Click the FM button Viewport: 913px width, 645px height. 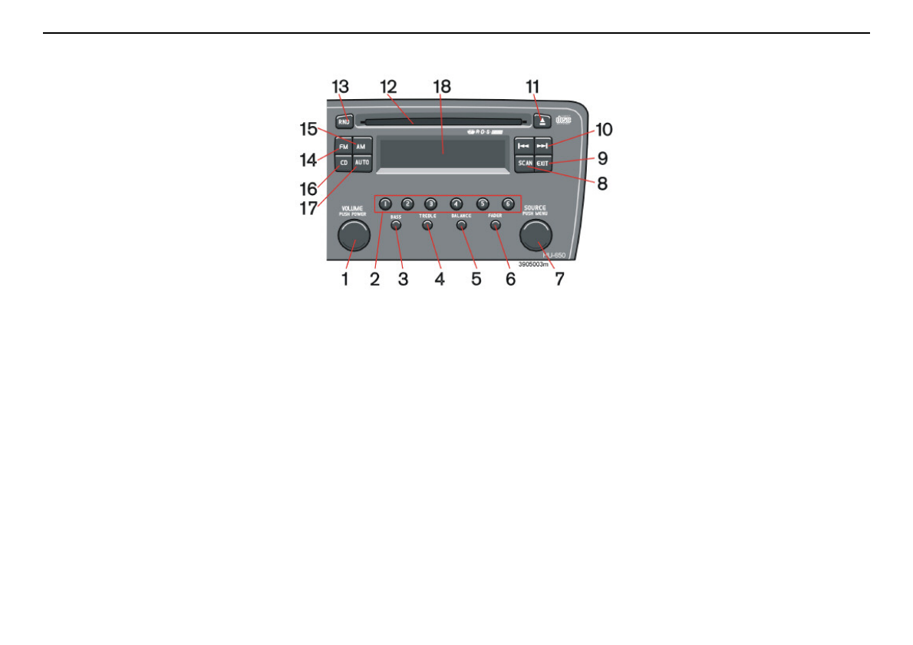pos(343,146)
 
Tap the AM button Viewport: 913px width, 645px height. pos(361,146)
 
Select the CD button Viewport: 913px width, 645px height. pos(343,163)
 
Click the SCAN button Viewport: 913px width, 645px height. pos(525,163)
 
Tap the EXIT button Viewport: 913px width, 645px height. pos(543,163)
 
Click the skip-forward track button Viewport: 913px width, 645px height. pos(543,145)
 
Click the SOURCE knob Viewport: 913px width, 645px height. pos(535,235)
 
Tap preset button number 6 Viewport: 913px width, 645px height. pos(507,204)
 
